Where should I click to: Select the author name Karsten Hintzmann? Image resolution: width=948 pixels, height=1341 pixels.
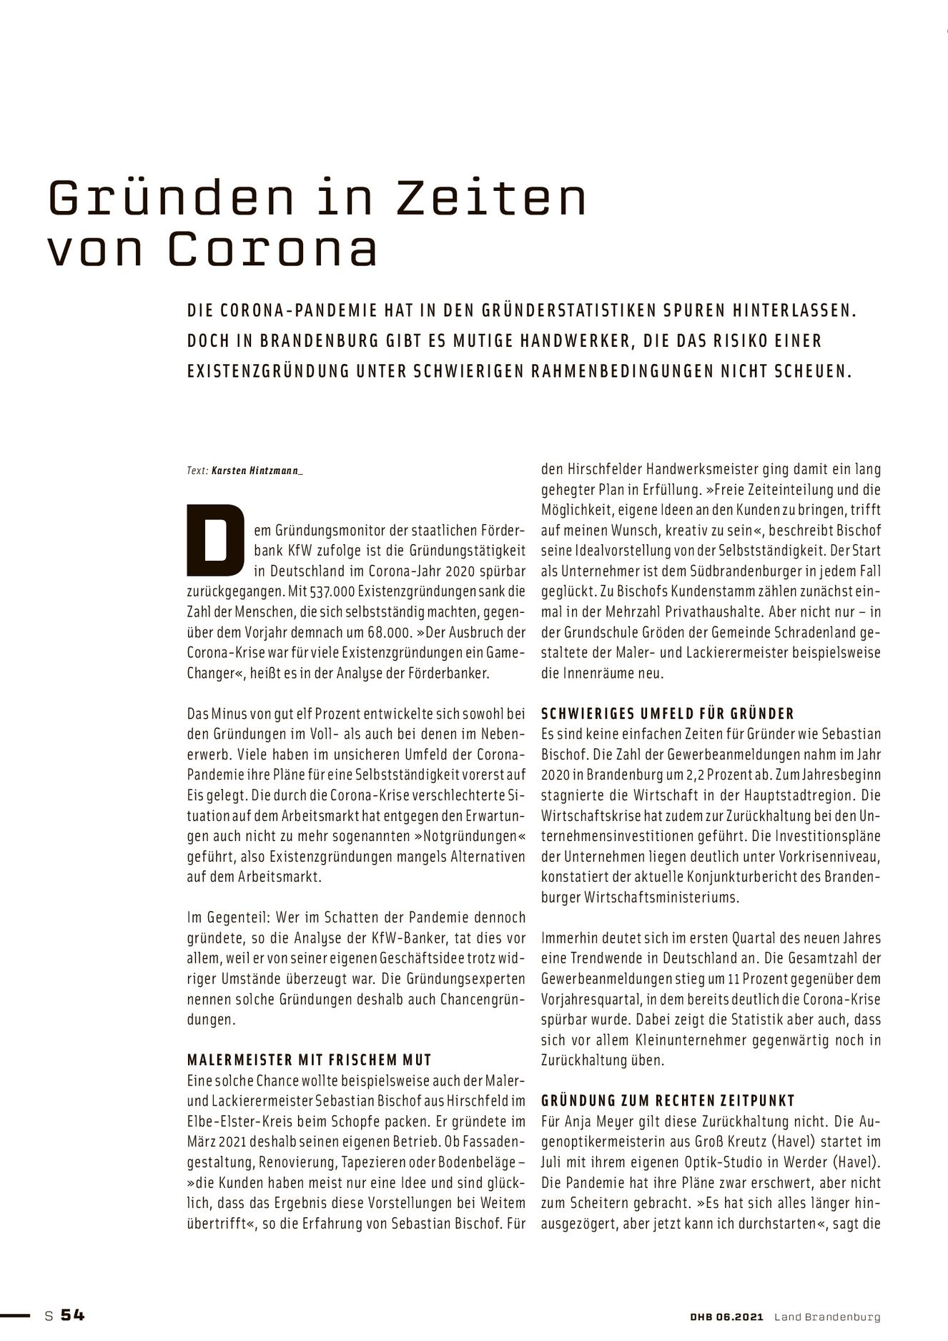257,471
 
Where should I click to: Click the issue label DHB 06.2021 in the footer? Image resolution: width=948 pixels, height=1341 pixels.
721,1316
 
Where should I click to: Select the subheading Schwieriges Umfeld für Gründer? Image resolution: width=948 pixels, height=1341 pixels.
668,714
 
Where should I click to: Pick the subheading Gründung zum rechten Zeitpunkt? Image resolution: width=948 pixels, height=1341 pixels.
668,1101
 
